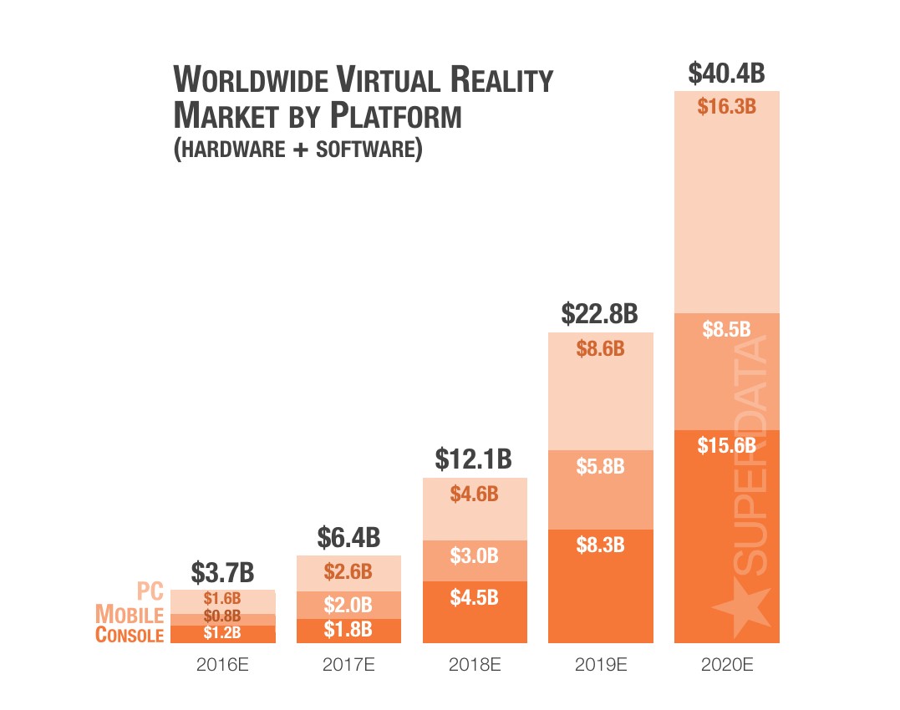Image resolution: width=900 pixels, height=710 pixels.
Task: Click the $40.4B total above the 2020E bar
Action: pos(726,73)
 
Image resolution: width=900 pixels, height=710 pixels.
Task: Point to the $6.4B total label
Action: pos(348,538)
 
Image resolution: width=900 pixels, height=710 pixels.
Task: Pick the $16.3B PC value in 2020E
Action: pos(726,106)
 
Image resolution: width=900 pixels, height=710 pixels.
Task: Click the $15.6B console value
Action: pos(726,445)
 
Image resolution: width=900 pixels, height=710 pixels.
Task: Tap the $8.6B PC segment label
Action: pos(600,348)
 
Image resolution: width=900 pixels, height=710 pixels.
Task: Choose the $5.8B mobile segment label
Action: pos(600,466)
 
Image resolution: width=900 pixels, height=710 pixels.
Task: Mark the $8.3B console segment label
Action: pos(600,545)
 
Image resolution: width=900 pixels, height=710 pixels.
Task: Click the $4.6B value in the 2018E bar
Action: pos(474,494)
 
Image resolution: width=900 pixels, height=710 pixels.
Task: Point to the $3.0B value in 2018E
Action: pos(474,555)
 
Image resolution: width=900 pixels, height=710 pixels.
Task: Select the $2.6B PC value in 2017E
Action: pos(348,572)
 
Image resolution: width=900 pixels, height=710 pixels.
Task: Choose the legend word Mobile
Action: pos(130,614)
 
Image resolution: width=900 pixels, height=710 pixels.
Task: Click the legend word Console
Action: pos(130,635)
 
